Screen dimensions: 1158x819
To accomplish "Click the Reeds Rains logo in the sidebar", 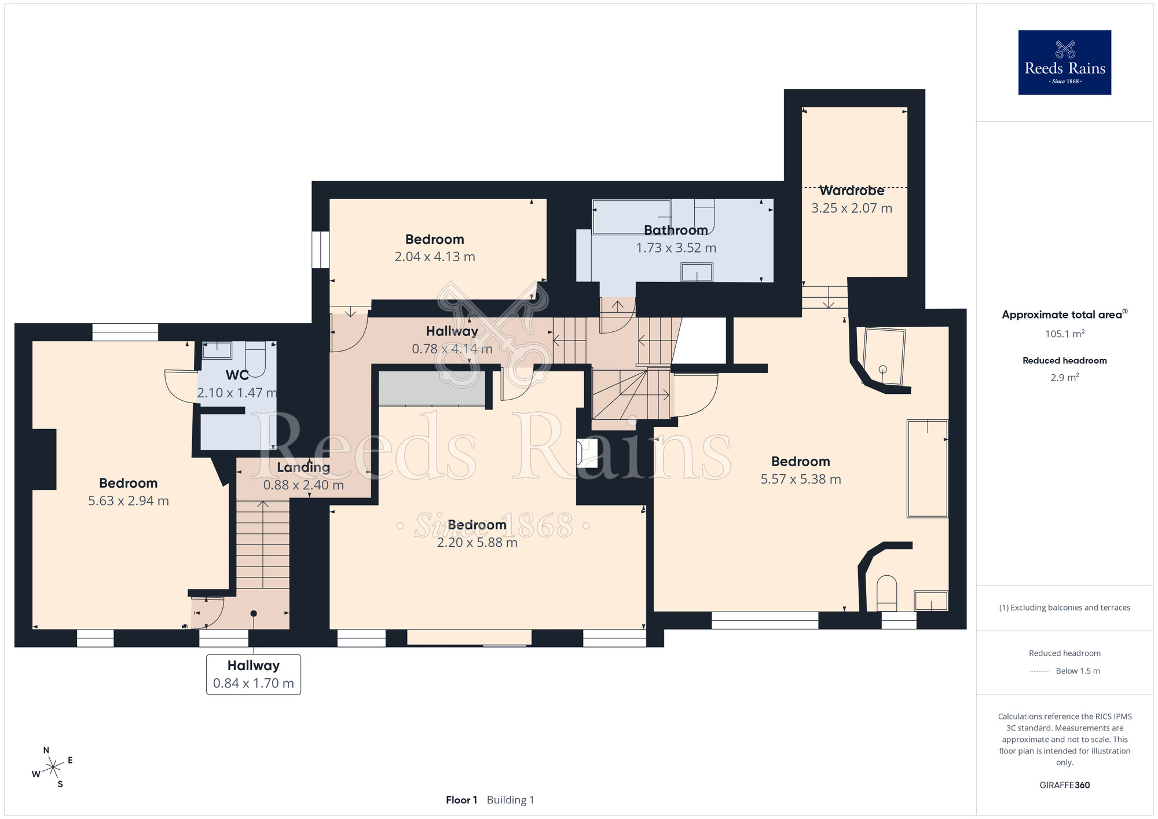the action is coord(1064,63).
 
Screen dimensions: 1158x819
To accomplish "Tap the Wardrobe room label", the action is coord(852,191).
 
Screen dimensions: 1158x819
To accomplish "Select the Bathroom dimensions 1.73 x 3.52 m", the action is coord(676,248).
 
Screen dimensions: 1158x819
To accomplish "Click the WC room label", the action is coord(237,375).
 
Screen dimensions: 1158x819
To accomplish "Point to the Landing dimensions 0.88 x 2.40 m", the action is coord(303,485).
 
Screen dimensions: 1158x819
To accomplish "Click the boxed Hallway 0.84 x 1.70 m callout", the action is coord(254,675).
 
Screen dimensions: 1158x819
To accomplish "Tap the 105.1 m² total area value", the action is coord(1064,334).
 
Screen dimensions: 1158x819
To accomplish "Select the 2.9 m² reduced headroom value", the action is coord(1064,378).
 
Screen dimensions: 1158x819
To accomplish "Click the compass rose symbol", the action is coord(53,767).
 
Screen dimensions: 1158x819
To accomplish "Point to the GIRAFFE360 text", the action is coord(1064,785).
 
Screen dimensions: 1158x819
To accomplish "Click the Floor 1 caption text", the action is coord(461,800).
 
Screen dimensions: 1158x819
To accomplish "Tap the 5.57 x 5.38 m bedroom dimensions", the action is coord(801,480).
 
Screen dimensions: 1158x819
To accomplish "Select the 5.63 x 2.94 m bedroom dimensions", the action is coord(129,501).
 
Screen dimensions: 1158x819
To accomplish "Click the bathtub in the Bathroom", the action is coord(632,217).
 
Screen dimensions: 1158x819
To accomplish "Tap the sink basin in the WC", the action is coord(217,350).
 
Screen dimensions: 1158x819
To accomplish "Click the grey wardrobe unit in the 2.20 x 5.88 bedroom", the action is coord(432,388).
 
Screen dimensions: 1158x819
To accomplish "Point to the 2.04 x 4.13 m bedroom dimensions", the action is coord(435,257).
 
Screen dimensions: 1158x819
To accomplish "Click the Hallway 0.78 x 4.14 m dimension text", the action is coord(452,349).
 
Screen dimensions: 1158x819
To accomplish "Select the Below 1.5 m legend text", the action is coord(1078,671).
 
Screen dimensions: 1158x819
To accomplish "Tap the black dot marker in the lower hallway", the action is coord(254,613).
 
